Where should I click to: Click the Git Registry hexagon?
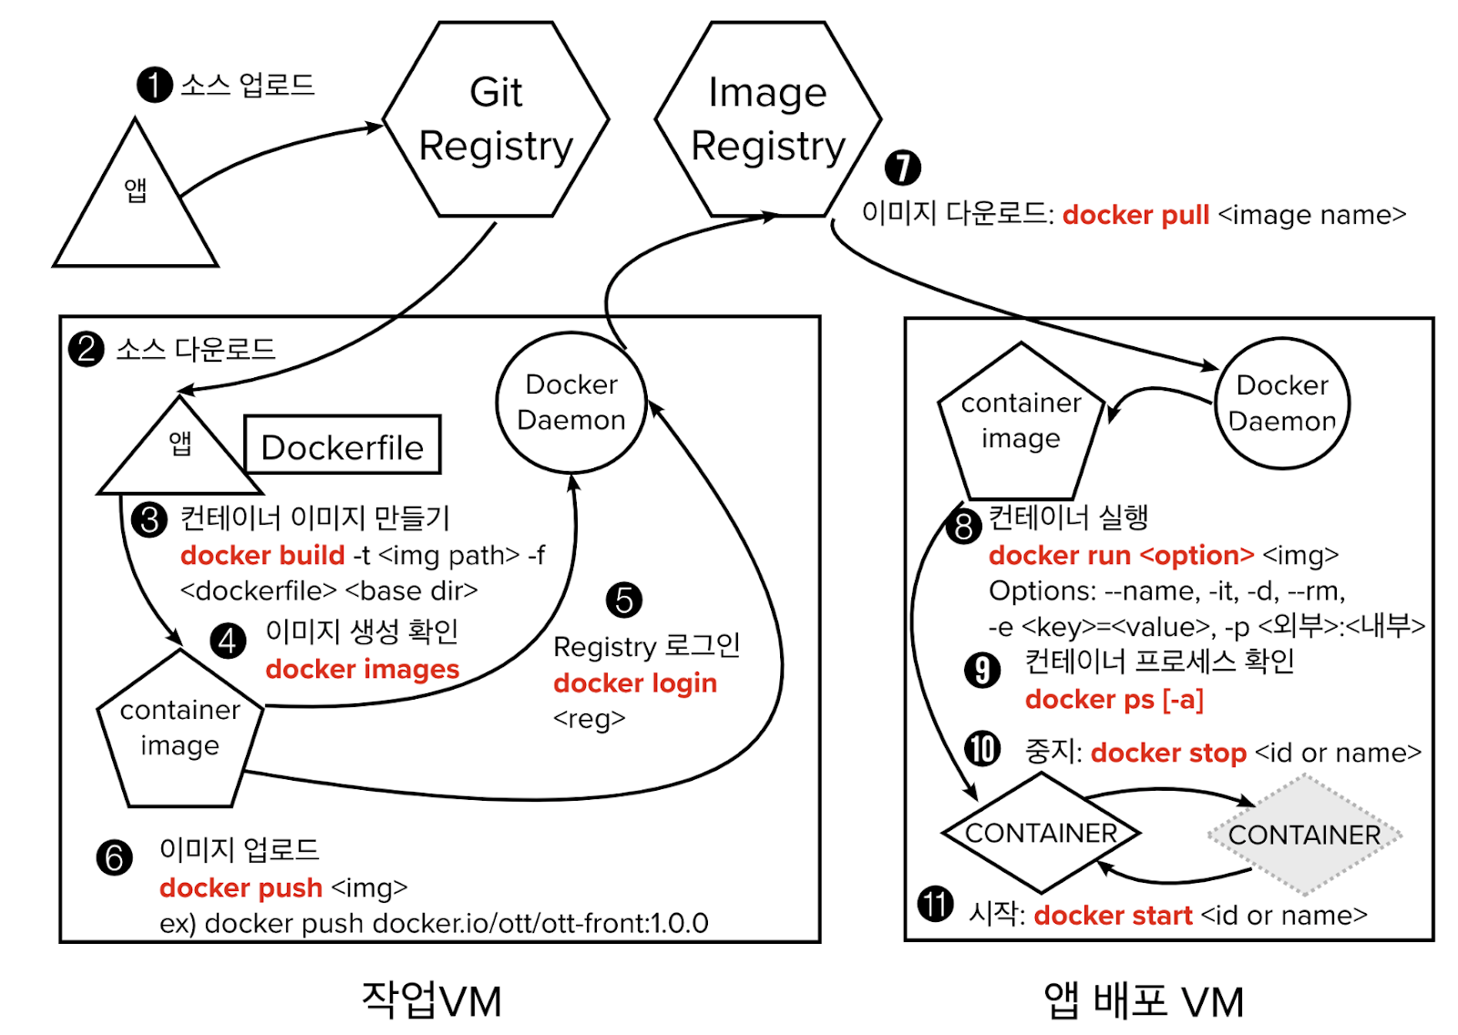(x=496, y=119)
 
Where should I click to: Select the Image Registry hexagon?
(x=767, y=119)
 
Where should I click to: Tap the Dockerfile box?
(x=343, y=446)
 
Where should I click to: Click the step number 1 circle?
(x=154, y=85)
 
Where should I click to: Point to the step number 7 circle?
(x=902, y=167)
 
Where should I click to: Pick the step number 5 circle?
(x=624, y=599)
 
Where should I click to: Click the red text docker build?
(x=262, y=555)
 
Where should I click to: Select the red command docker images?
(x=362, y=669)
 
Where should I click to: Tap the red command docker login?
(x=635, y=682)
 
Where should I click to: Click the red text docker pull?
(x=1135, y=215)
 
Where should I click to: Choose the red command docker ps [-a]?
(x=1114, y=699)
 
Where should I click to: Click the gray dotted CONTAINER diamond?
(x=1304, y=834)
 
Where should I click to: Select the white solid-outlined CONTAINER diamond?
(x=1041, y=833)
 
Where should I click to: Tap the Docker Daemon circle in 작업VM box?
(x=571, y=402)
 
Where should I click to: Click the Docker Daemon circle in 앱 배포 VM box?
(x=1282, y=403)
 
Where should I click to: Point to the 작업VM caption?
(x=431, y=1000)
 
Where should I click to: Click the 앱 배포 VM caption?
(x=1144, y=1000)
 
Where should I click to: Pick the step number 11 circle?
(x=935, y=904)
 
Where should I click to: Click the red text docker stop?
(x=1168, y=753)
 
